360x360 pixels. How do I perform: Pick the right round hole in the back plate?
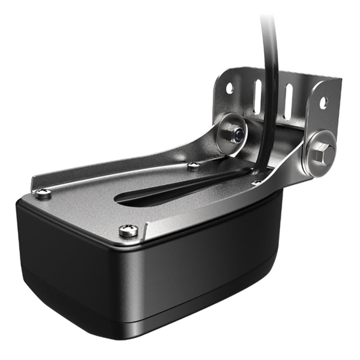pyautogui.click(x=323, y=103)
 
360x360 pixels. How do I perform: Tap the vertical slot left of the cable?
pyautogui.click(x=257, y=97)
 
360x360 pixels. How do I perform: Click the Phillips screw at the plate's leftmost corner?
pyautogui.click(x=43, y=193)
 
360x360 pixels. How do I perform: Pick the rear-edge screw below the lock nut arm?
pyautogui.click(x=193, y=166)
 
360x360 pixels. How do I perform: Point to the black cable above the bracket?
pyautogui.click(x=270, y=54)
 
